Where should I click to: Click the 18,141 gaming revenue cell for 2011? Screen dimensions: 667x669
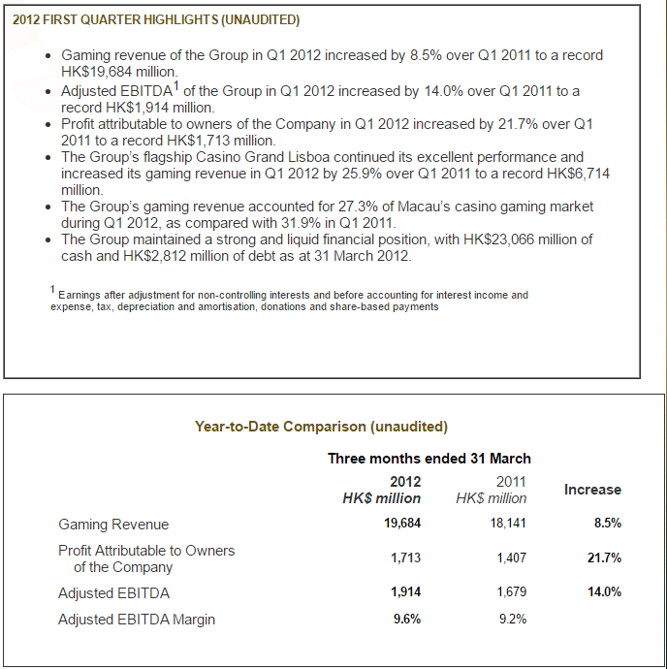pyautogui.click(x=508, y=524)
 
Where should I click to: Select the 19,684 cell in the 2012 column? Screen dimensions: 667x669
pyautogui.click(x=402, y=524)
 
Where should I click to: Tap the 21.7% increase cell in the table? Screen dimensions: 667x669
pyautogui.click(x=604, y=557)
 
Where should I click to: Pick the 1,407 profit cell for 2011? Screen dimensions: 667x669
pyautogui.click(x=511, y=557)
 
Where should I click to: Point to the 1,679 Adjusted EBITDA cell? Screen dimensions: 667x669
pyautogui.click(x=511, y=591)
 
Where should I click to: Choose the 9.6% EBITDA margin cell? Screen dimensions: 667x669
pyautogui.click(x=407, y=619)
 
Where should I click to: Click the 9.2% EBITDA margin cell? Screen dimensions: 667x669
pyautogui.click(x=513, y=619)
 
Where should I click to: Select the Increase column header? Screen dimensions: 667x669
pyautogui.click(x=592, y=490)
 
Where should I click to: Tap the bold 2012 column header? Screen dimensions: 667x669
pyautogui.click(x=405, y=482)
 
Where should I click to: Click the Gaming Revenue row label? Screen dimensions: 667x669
pyautogui.click(x=113, y=525)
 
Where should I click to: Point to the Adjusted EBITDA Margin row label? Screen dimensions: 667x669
pyautogui.click(x=137, y=620)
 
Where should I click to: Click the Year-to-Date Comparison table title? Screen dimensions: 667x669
pyautogui.click(x=321, y=427)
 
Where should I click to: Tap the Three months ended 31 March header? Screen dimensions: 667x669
pyautogui.click(x=429, y=459)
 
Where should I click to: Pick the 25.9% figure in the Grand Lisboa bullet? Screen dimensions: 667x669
pyautogui.click(x=362, y=174)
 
